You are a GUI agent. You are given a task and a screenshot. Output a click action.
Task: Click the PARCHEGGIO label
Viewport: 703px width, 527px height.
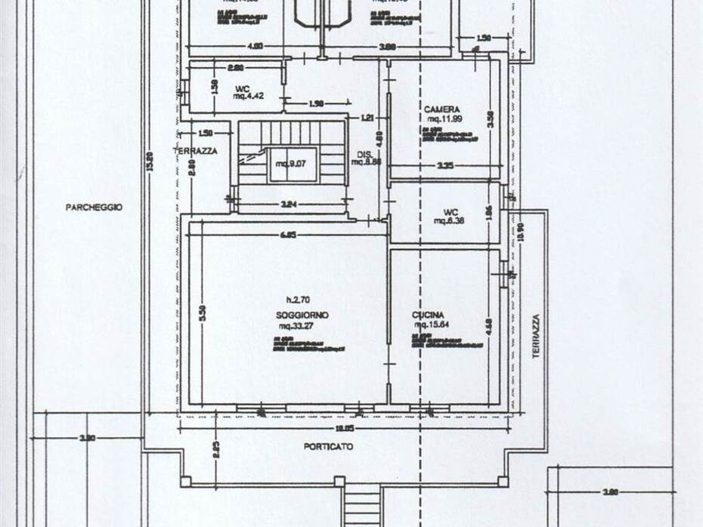(94, 207)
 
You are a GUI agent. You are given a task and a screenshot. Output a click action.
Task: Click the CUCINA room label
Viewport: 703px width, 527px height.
(428, 315)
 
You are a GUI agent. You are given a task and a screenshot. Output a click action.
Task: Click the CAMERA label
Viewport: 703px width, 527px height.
(441, 109)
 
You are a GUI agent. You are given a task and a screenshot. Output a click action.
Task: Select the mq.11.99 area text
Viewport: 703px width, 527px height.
(444, 119)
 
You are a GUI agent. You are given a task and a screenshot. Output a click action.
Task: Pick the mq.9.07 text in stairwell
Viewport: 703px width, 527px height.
(290, 164)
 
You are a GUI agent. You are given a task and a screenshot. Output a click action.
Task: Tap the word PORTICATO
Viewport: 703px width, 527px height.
(328, 446)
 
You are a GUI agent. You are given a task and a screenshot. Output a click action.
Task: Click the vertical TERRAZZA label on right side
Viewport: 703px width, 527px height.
(536, 336)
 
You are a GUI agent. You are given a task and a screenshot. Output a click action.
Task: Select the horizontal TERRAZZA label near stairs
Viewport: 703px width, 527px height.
(195, 151)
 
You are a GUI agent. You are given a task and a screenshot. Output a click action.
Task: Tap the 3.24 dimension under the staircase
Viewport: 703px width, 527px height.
(290, 204)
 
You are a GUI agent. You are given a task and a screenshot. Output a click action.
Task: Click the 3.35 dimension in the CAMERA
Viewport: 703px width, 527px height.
(444, 165)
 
